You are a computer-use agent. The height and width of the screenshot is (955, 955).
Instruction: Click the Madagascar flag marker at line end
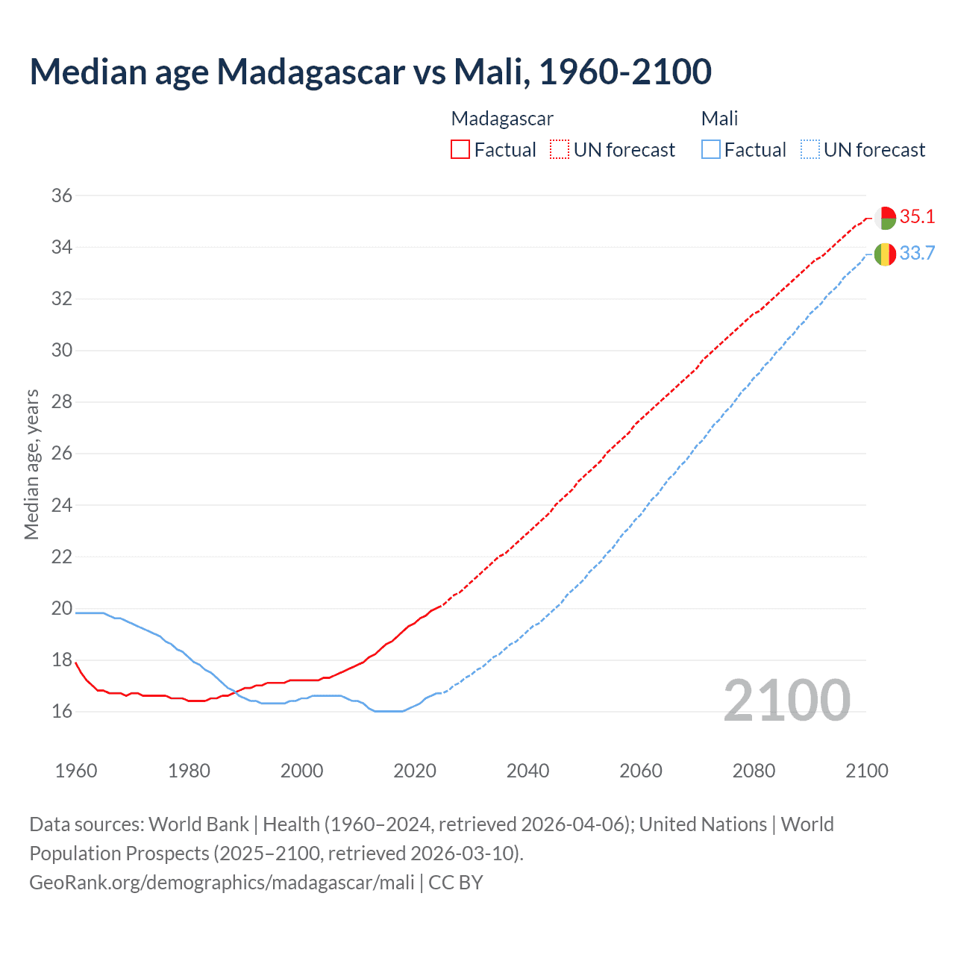pos(885,219)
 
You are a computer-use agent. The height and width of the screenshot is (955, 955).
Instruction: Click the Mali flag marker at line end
pos(885,254)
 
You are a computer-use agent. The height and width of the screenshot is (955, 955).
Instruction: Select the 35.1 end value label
pos(917,217)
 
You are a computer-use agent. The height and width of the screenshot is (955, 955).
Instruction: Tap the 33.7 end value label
pos(917,254)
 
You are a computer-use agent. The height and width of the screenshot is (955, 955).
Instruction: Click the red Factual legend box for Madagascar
pos(460,150)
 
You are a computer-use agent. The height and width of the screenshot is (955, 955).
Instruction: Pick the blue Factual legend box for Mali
pos(711,150)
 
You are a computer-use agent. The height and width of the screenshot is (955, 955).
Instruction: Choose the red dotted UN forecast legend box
pos(560,150)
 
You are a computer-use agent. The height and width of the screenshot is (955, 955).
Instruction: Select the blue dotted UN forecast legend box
pos(810,150)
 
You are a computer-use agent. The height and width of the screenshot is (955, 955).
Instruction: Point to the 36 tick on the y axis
pos(62,195)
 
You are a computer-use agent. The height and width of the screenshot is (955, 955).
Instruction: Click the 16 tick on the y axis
pos(62,712)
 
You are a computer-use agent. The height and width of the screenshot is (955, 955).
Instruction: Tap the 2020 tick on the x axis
pos(415,771)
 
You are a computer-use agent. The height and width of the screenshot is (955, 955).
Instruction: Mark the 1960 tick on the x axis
pos(76,771)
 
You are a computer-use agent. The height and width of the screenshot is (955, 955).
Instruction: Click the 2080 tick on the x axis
pos(754,771)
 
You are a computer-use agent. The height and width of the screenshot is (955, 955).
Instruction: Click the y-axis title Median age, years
pos(31,464)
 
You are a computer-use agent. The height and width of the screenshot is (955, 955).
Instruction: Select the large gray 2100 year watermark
pos(786,701)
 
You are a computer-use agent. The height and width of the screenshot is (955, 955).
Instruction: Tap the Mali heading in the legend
pos(719,119)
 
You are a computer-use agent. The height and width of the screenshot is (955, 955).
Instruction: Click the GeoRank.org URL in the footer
pos(222,883)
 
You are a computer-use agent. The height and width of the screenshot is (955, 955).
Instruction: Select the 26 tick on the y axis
pos(62,454)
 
